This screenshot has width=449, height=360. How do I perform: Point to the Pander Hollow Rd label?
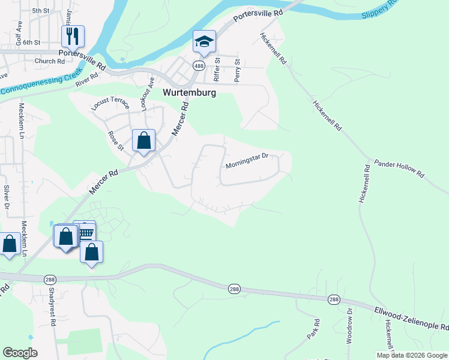[x=399, y=168]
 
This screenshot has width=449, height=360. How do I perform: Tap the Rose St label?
[x=115, y=141]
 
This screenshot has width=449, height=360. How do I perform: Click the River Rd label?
[x=86, y=80]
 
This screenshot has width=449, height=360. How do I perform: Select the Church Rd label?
[x=49, y=61]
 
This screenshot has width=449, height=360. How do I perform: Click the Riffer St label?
[x=217, y=70]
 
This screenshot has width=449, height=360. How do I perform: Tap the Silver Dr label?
[x=7, y=197]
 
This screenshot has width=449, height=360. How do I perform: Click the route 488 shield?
[x=197, y=65]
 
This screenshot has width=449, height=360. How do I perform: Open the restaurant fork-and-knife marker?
[x=73, y=37]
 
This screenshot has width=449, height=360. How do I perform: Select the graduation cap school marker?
[x=204, y=41]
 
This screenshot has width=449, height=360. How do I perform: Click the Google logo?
[x=20, y=353]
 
